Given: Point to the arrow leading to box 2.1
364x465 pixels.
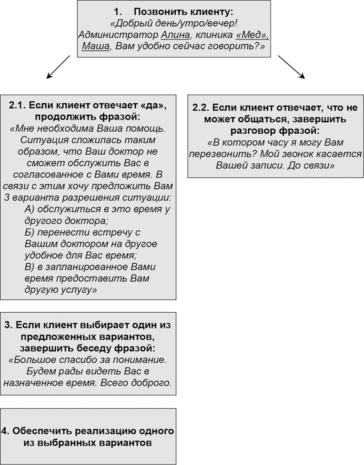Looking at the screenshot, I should click(x=58, y=66).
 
